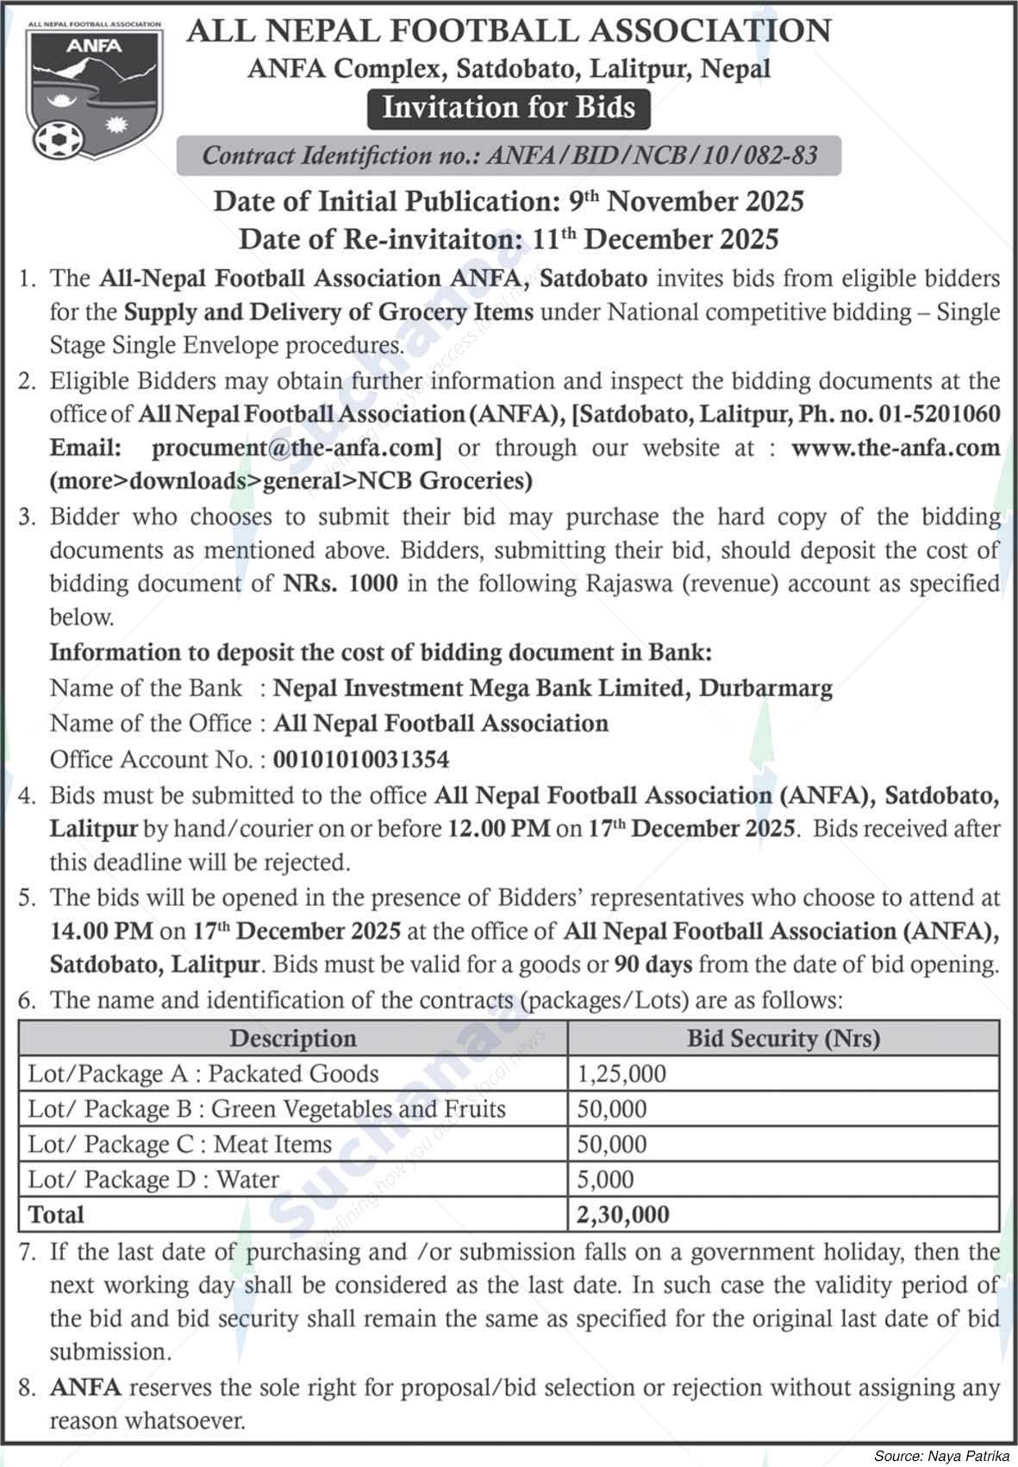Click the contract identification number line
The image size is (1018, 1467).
point(509,156)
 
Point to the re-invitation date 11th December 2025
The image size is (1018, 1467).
point(654,238)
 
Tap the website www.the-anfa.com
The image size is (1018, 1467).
point(895,448)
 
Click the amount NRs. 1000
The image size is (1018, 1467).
point(340,584)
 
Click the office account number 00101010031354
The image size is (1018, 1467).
point(361,760)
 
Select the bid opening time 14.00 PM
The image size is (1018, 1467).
point(101,931)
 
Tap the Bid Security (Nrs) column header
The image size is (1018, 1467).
point(783,1038)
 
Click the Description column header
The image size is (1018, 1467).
point(293,1038)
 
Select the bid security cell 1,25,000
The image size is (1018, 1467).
point(621,1074)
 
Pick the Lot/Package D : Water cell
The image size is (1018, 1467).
point(153,1179)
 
